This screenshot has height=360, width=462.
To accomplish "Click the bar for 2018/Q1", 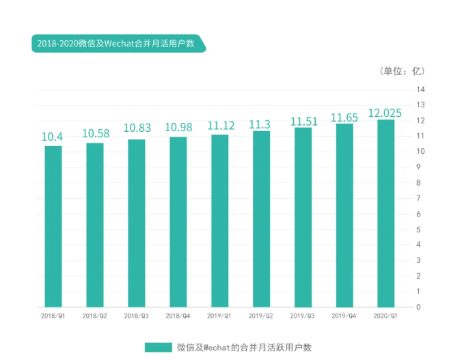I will coord(53,226).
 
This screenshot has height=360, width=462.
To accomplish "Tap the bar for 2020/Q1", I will coord(385,213).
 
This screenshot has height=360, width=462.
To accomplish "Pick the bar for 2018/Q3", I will coord(137,223).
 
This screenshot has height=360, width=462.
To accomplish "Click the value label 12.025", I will coord(385,113).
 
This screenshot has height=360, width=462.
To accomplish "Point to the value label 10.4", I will coord(53,137).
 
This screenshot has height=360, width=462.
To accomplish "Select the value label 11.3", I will coord(260,124).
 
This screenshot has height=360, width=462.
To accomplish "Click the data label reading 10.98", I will coord(178,128).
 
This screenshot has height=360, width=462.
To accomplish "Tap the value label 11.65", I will coord(344,118).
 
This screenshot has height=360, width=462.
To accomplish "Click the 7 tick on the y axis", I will coord(420,198).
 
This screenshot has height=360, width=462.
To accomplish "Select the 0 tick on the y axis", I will coord(420,307).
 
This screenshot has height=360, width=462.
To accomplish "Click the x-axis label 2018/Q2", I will coord(95,316).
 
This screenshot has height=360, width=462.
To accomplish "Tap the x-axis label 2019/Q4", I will coord(344,316).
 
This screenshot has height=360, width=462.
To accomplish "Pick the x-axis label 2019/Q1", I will coord(219,316).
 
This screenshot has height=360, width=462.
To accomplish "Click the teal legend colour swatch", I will coord(158,347).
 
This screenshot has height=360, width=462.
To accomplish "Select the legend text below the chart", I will coord(244,347).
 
